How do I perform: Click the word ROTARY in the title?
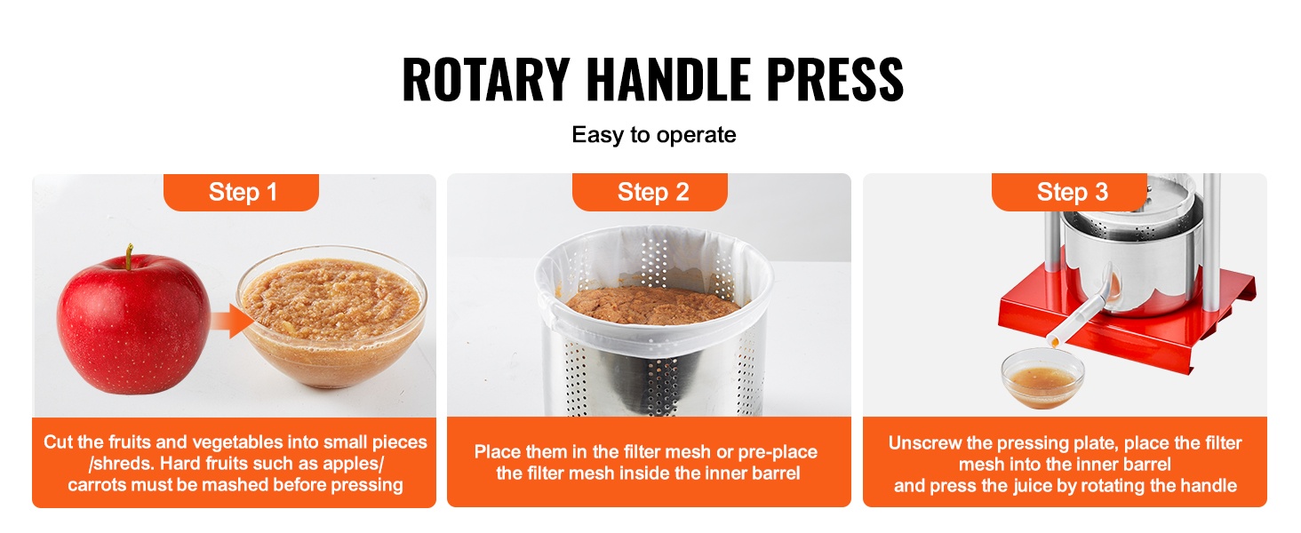tap(485, 80)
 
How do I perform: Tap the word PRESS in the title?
tap(835, 80)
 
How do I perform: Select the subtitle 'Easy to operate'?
tap(653, 135)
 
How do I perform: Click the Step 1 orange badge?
tap(241, 192)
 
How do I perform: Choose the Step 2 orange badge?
tap(650, 192)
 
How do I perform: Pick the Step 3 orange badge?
tap(1069, 192)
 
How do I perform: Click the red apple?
tap(133, 322)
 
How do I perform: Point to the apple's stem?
tap(129, 256)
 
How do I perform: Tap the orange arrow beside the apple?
tap(231, 321)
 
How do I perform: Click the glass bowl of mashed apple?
tap(332, 316)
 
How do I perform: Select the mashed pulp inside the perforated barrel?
tap(652, 306)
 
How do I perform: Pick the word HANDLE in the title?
tap(668, 80)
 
